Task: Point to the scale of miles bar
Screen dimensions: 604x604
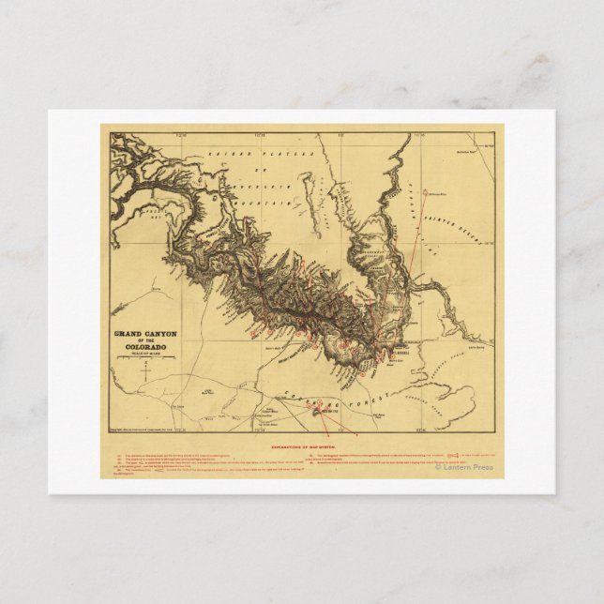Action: (146, 362)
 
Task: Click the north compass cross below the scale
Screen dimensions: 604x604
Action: (146, 374)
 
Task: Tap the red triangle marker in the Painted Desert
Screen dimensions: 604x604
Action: (426, 193)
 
